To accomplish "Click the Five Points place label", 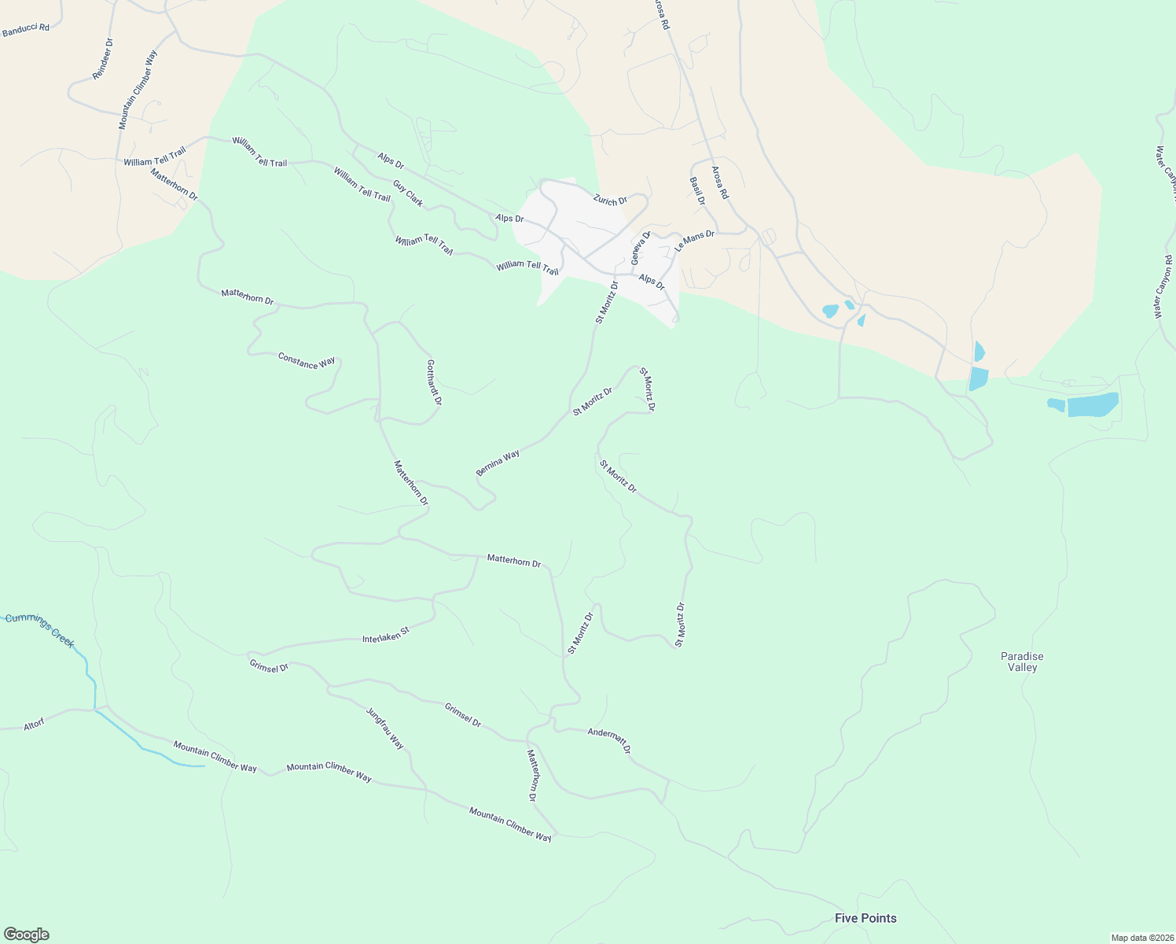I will tap(865, 918).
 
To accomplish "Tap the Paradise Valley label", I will tap(1022, 662).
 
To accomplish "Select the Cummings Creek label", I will tap(40, 630).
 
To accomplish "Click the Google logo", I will tap(26, 935).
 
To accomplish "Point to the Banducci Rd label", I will tap(26, 29).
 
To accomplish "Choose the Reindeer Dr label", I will tap(103, 58).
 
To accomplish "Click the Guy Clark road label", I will tap(408, 194).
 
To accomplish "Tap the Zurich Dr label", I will tap(610, 200).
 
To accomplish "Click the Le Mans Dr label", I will tap(694, 241).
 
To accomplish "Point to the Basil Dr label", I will tap(697, 191).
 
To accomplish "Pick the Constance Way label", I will tap(307, 361).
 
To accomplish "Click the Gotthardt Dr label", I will tap(434, 382).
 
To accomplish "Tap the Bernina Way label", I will tap(498, 463).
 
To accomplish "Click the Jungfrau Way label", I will tap(385, 728).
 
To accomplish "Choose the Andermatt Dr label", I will tap(609, 740).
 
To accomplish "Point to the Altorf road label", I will tap(34, 725).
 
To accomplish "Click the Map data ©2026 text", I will tap(1141, 938).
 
